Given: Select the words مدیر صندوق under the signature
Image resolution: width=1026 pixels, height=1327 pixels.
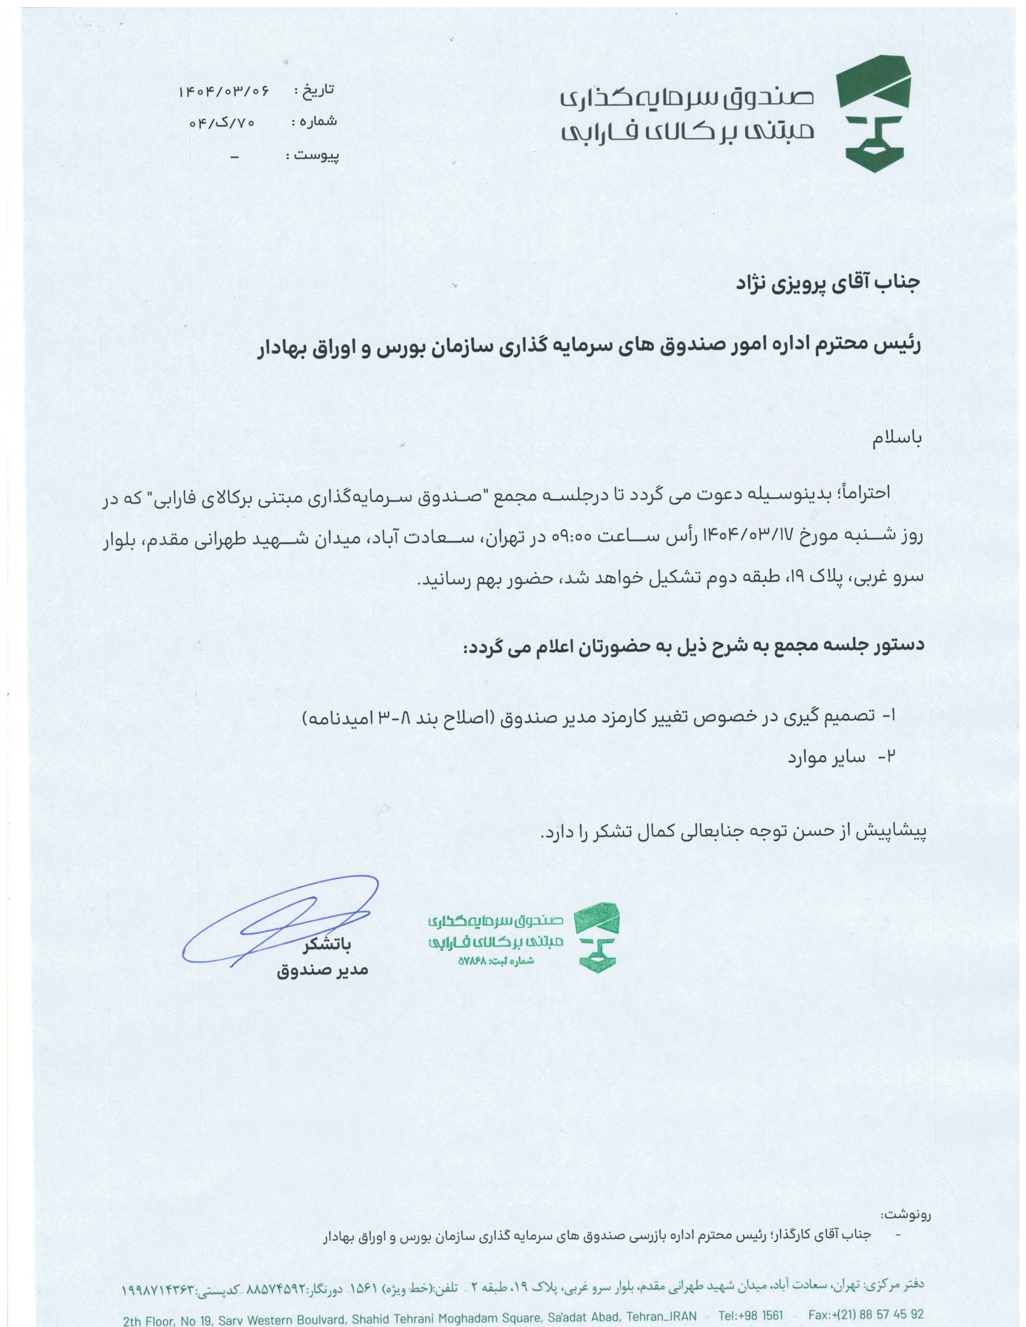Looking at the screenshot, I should click(323, 970).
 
